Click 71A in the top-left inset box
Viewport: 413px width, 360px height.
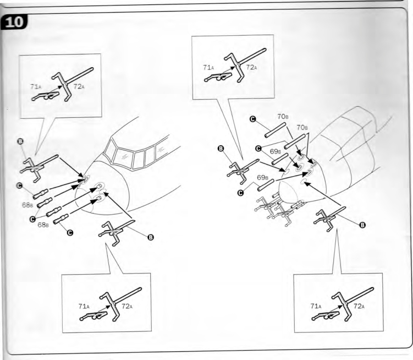35,86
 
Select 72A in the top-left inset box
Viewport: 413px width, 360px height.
79,86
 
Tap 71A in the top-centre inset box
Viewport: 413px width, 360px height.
208,68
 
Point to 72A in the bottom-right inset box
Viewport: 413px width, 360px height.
359,306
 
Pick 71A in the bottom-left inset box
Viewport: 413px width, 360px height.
84,306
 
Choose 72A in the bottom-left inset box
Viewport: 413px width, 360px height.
127,306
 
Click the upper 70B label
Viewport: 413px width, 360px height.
283,116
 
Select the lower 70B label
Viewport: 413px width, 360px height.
302,127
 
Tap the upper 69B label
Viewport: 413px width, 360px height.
276,151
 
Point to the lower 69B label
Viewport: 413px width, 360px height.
262,177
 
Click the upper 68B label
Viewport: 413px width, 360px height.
27,205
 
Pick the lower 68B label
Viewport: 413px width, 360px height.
43,225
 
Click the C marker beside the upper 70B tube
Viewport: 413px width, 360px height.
252,119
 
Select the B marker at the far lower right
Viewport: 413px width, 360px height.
362,225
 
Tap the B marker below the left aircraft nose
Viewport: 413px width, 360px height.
150,237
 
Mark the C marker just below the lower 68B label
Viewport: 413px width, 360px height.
70,233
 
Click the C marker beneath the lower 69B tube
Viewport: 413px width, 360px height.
240,193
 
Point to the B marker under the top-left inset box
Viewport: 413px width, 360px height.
20,141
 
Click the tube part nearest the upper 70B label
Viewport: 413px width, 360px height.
275,130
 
